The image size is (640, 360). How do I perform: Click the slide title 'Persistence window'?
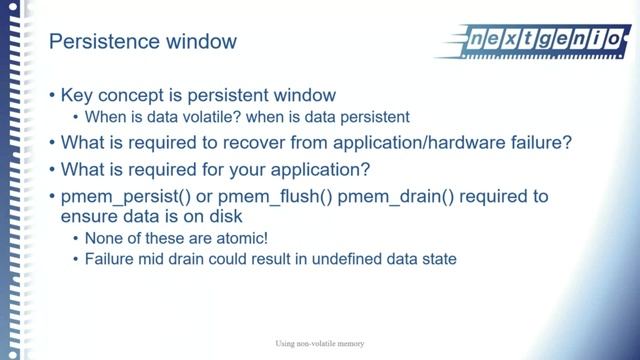(x=143, y=42)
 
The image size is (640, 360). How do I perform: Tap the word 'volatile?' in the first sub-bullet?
(x=185, y=117)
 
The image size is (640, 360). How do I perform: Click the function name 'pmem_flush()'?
(x=258, y=196)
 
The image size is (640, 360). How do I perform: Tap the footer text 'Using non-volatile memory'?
(x=320, y=344)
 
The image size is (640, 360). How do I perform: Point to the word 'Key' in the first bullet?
(x=78, y=96)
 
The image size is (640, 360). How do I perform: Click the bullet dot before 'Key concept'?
(x=52, y=97)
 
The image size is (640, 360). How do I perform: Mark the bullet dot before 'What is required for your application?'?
(x=52, y=170)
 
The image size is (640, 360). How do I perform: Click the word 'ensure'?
(x=90, y=216)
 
